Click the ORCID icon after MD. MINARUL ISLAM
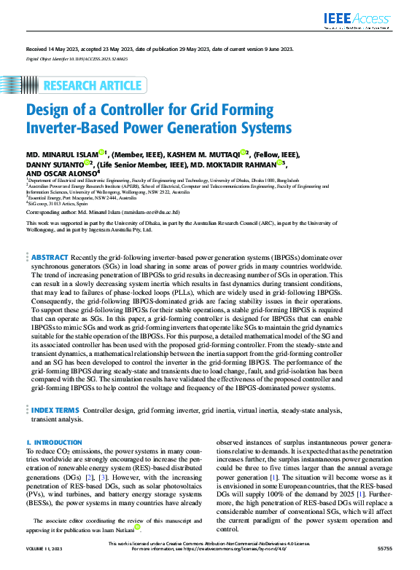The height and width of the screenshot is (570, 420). pos(103,153)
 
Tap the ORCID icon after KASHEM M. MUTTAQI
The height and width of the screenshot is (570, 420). pos(246,153)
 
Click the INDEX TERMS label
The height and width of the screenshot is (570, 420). pos(55,411)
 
